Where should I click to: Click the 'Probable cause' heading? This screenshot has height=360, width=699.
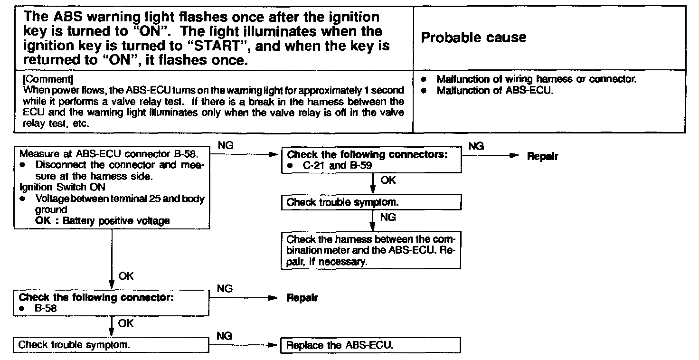point(473,38)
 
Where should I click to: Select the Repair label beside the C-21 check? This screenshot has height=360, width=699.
point(542,156)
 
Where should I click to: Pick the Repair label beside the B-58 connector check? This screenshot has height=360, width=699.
point(302,298)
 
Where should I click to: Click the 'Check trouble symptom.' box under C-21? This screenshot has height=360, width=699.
point(371,203)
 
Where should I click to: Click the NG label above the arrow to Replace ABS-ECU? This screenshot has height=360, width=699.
point(224,336)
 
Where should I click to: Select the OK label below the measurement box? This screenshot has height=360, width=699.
point(126,276)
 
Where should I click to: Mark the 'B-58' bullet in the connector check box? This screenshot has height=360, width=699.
point(46,308)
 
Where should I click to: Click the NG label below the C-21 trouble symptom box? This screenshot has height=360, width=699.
point(387,218)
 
